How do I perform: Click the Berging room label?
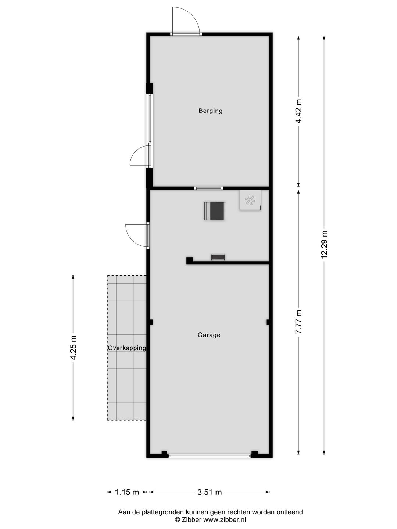click(x=210, y=111)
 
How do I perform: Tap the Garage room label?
click(x=209, y=335)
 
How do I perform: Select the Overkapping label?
click(x=127, y=348)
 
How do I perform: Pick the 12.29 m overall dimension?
click(x=324, y=244)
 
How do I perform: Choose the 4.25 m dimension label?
click(x=73, y=348)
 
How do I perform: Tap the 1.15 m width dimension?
click(x=127, y=492)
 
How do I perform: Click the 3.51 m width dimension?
click(x=210, y=492)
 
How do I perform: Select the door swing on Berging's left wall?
click(x=140, y=156)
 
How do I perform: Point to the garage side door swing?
click(x=136, y=235)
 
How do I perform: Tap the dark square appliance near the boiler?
click(x=214, y=211)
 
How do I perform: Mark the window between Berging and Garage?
click(x=208, y=188)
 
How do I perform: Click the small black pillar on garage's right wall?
click(x=268, y=322)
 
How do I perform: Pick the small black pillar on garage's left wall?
click(x=151, y=322)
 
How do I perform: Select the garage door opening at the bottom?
click(x=209, y=456)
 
